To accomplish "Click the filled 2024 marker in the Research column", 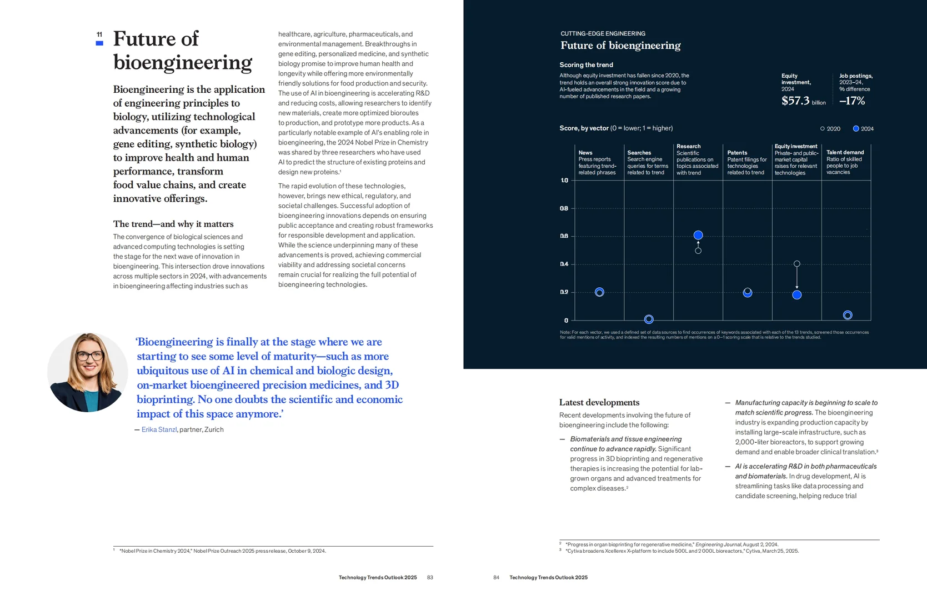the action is [698, 235].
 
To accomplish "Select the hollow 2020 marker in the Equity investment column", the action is [797, 264].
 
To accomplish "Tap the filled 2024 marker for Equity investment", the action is [797, 295].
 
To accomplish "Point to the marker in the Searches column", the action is [649, 319].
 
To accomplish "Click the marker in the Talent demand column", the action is [848, 315].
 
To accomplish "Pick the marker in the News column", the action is [599, 292].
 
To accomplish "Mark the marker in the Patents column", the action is [748, 293].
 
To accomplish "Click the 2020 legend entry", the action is [830, 129].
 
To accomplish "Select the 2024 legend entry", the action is [864, 129].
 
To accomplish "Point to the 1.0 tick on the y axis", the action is [564, 180].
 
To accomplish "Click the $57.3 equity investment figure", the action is [795, 101].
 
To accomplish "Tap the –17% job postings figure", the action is [852, 101].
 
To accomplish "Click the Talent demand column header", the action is [845, 152].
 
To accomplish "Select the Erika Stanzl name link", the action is [159, 429].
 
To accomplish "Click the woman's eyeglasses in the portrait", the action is [90, 356].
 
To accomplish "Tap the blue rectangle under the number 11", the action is [99, 43].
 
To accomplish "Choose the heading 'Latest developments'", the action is [599, 402].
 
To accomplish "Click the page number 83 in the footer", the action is [430, 577].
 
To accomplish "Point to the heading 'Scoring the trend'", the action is [587, 64].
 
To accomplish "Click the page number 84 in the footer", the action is [496, 577].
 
